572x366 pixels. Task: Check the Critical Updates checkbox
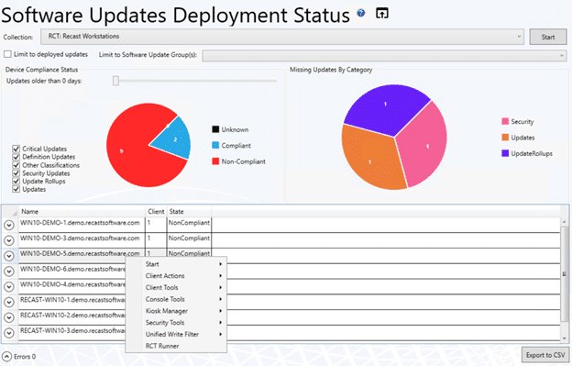point(17,149)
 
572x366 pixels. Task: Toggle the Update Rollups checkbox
point(17,182)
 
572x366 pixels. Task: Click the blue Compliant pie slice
point(172,138)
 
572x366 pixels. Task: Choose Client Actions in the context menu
point(165,276)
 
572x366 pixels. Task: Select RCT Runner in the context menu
point(160,346)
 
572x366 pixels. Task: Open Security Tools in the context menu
point(166,323)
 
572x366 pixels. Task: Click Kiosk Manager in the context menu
point(166,311)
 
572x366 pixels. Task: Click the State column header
point(177,212)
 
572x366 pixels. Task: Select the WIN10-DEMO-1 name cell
point(80,223)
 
